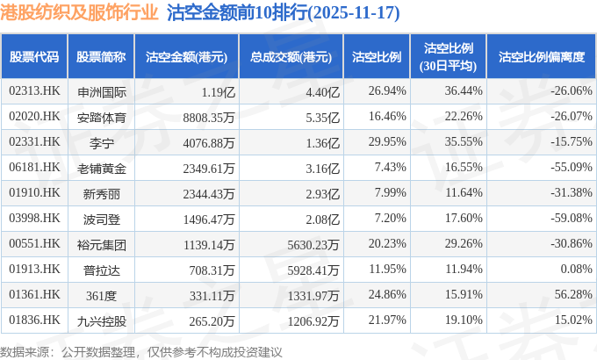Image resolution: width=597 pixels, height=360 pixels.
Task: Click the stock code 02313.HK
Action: (34, 90)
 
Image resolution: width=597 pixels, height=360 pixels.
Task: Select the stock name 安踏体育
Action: (101, 116)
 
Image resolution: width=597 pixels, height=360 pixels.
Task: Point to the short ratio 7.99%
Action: (387, 192)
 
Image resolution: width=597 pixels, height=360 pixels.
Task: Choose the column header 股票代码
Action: (34, 57)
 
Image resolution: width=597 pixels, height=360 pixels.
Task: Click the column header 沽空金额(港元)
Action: (186, 57)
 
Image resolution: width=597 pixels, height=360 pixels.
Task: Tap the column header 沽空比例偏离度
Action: (541, 57)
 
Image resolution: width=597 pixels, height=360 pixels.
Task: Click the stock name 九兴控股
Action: (101, 320)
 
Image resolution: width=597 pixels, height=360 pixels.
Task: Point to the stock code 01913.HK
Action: (34, 269)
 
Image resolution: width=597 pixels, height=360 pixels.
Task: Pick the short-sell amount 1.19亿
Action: (218, 90)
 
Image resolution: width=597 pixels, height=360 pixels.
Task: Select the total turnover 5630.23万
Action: (308, 243)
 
